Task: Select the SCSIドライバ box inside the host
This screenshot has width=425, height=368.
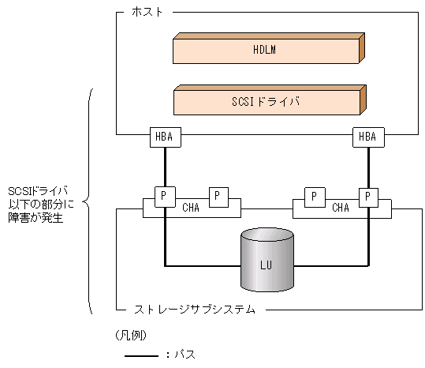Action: (265, 102)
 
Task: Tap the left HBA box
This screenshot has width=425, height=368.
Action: (164, 137)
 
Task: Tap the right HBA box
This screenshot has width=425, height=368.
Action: (367, 137)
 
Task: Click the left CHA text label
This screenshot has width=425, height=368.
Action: (192, 208)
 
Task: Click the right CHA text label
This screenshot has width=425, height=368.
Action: (341, 208)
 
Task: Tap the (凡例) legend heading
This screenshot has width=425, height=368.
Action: (131, 334)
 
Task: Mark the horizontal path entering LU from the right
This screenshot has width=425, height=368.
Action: (331, 265)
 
